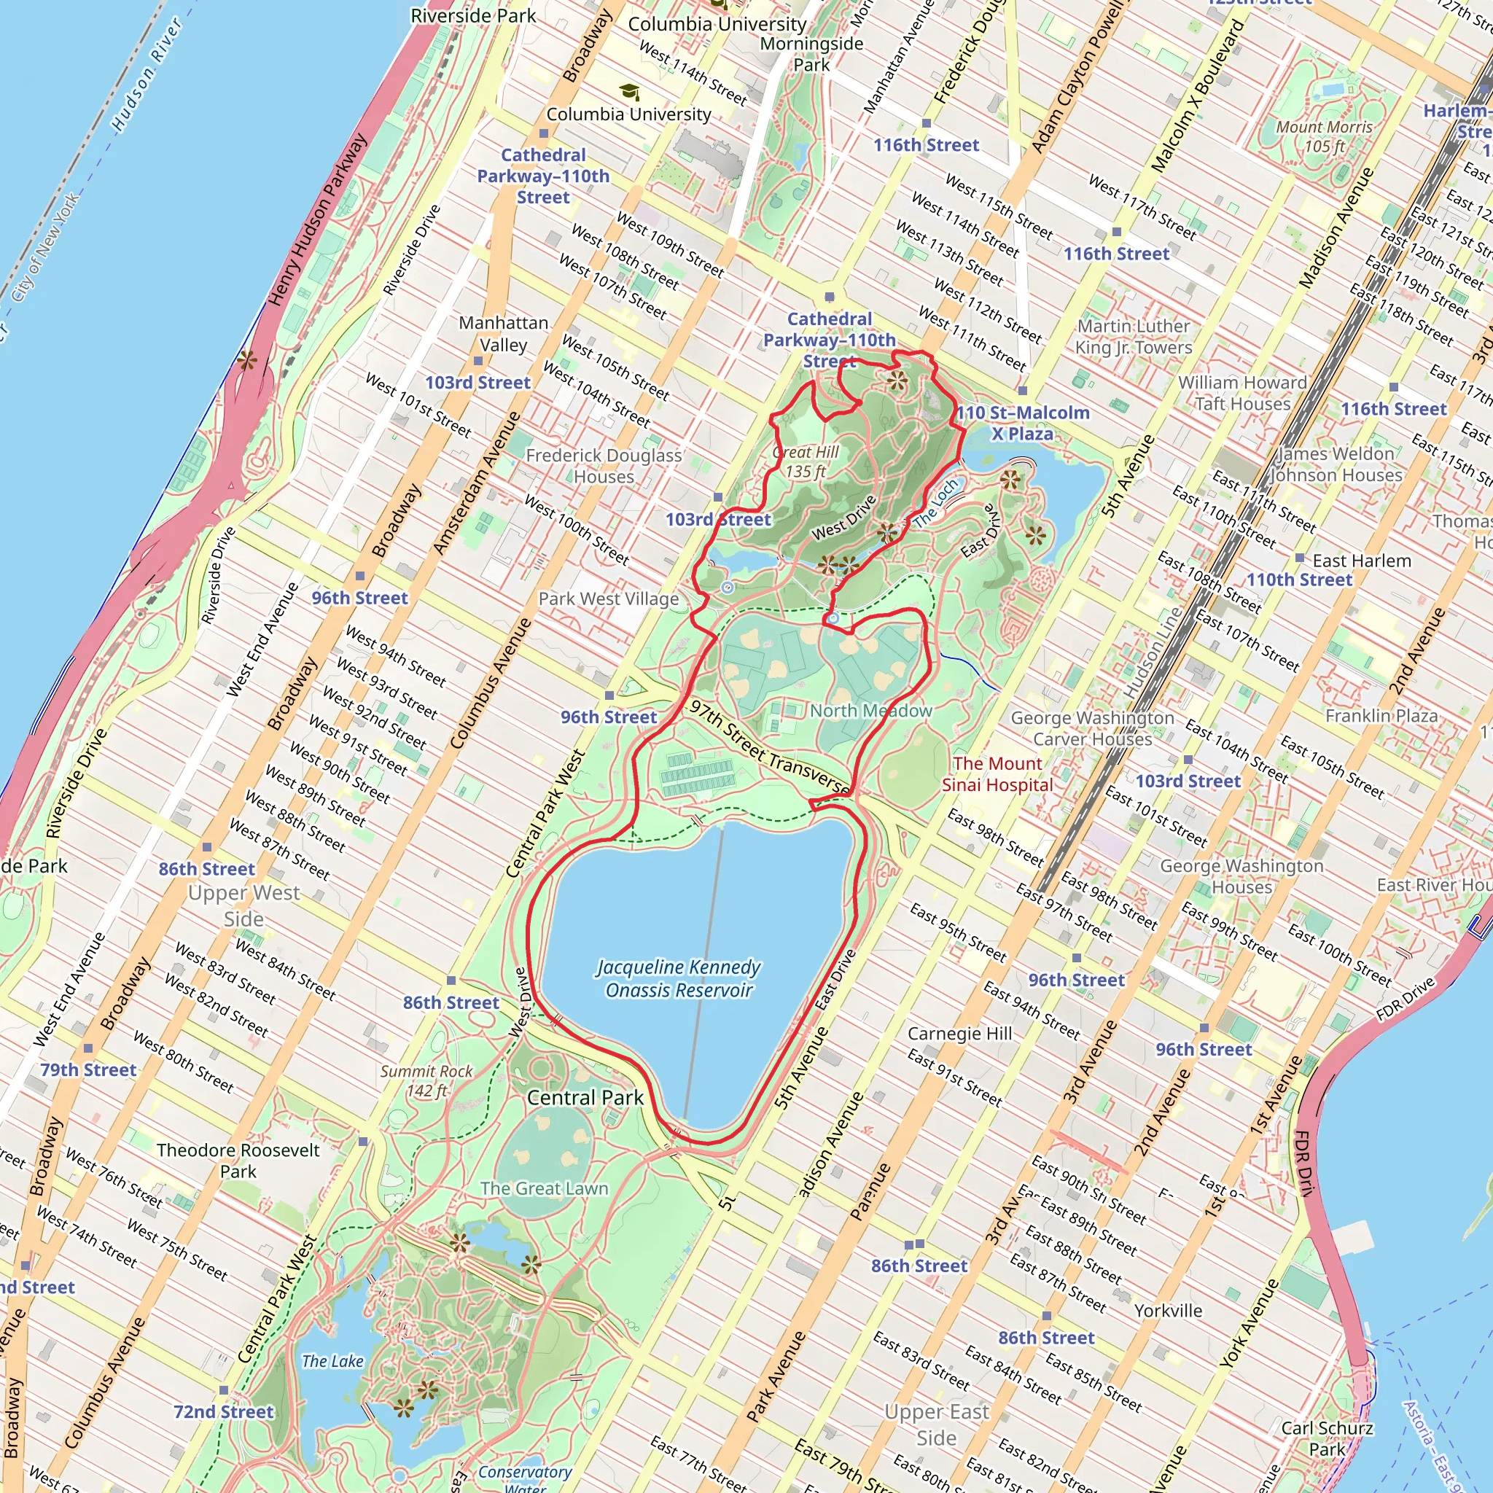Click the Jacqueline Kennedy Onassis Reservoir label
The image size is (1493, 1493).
pos(679,978)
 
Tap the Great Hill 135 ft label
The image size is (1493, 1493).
pos(806,461)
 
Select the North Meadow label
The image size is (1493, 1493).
pos(871,710)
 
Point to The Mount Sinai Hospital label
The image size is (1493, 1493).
pos(997,773)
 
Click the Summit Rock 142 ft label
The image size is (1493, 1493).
pos(426,1080)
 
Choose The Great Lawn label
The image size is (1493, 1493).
pos(544,1188)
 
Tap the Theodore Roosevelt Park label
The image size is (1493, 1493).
pos(238,1160)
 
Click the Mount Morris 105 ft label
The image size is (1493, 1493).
pos(1324,136)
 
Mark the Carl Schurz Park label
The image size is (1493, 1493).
pos(1327,1438)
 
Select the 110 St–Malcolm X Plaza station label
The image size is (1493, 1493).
pos(1022,423)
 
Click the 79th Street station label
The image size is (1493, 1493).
pos(88,1069)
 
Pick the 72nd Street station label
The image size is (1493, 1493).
pos(223,1411)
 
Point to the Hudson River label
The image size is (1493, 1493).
pos(147,74)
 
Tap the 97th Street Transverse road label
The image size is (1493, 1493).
pos(769,746)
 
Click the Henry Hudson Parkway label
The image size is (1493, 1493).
pos(317,219)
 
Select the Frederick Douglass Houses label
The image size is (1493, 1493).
pos(604,465)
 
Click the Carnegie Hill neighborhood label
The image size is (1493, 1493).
pos(959,1033)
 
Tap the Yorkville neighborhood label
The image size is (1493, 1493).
pos(1168,1310)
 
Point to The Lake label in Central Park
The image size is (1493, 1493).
pos(332,1361)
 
